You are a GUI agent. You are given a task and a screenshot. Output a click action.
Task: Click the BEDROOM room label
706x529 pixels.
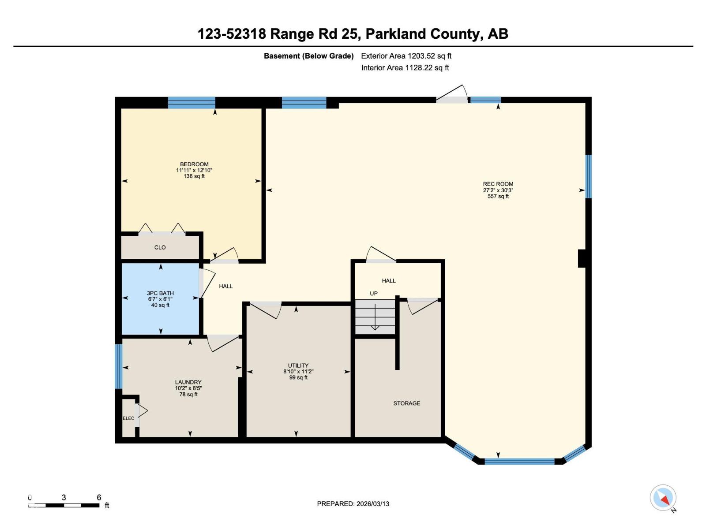(x=194, y=164)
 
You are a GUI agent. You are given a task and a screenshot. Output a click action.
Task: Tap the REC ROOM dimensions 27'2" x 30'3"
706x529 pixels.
(x=498, y=190)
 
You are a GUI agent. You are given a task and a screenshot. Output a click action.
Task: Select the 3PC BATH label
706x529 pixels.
(x=160, y=293)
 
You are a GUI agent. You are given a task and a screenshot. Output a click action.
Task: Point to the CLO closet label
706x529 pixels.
(x=160, y=247)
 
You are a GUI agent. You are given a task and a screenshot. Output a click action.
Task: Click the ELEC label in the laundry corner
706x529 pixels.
(x=128, y=418)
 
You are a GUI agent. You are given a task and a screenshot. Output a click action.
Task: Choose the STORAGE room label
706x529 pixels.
(x=406, y=403)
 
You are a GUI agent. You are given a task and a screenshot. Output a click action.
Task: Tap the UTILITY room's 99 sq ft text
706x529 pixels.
(x=298, y=377)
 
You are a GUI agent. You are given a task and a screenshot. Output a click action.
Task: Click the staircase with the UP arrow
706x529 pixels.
(x=375, y=317)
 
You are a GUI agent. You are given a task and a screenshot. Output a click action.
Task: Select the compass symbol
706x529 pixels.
(x=663, y=498)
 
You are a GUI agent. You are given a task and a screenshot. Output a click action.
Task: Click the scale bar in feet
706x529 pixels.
(x=64, y=505)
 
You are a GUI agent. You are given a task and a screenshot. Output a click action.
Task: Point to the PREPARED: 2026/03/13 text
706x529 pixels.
(x=353, y=504)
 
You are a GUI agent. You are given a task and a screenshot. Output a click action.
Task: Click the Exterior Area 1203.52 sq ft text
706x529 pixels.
(x=406, y=56)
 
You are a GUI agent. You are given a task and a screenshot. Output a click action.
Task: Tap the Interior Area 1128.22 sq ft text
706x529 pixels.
(x=405, y=68)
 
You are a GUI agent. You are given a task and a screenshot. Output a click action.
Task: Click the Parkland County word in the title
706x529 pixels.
(x=423, y=34)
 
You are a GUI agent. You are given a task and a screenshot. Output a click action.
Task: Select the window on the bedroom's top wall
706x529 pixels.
(x=192, y=103)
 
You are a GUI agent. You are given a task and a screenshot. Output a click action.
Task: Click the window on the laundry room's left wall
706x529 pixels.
(x=118, y=366)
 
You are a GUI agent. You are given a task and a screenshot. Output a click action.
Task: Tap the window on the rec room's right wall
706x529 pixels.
(x=588, y=176)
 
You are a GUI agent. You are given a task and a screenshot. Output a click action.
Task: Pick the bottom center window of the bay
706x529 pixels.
(x=519, y=462)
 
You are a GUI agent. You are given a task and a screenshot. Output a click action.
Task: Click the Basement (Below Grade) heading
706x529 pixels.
(x=308, y=56)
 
